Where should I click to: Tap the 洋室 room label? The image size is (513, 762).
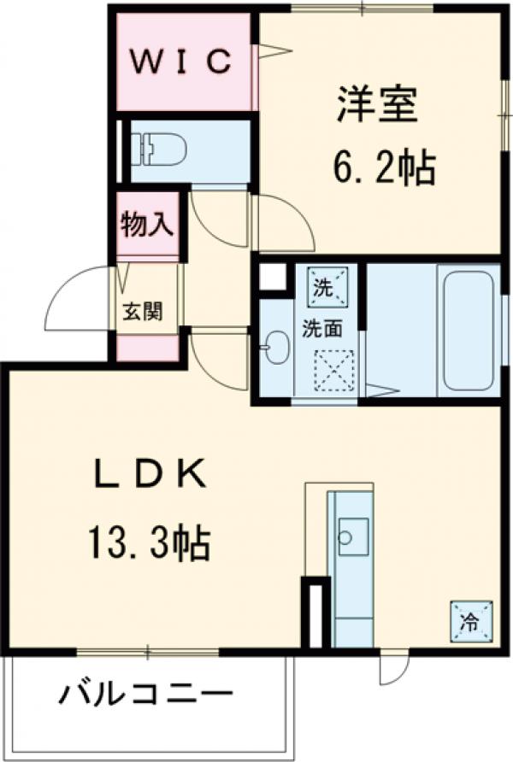(x=377, y=106)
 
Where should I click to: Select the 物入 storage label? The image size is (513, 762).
(x=147, y=226)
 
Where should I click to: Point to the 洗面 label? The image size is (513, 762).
(x=321, y=327)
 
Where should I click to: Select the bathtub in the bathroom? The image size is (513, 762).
(x=467, y=329)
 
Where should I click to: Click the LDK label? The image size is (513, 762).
(x=150, y=474)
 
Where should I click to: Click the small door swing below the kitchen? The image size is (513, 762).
(x=392, y=667)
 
